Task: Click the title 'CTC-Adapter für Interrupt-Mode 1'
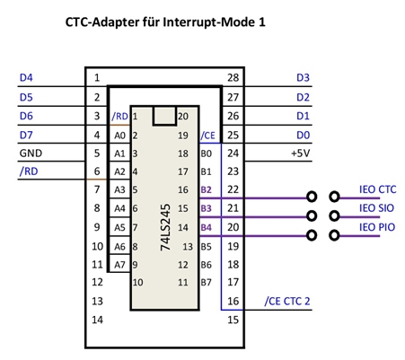[165, 22]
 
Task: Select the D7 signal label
[26, 135]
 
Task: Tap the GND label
[31, 154]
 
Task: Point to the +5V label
[300, 154]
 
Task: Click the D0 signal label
[303, 135]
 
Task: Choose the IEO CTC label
[378, 189]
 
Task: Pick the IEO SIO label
[376, 208]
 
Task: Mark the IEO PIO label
[377, 227]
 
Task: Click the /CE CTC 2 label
[287, 301]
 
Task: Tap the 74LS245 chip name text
[165, 227]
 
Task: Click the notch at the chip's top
[164, 116]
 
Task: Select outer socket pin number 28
[233, 78]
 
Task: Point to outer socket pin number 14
[97, 320]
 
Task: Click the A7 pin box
[119, 263]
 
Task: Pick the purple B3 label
[206, 208]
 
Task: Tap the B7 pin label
[206, 282]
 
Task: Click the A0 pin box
[119, 134]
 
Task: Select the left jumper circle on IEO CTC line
[312, 197]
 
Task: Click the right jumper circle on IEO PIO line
[334, 235]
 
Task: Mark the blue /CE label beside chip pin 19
[207, 136]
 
